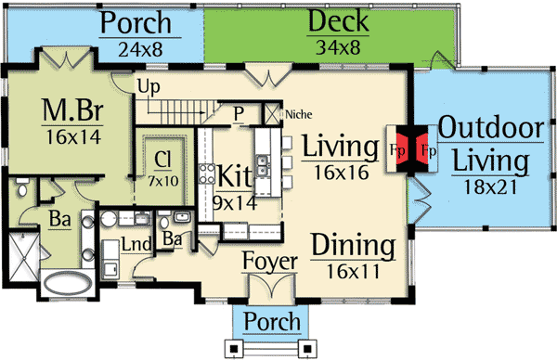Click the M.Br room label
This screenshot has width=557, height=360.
tap(71, 112)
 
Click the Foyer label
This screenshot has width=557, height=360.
tap(269, 262)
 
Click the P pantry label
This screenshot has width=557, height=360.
tap(239, 113)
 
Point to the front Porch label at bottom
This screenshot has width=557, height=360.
tap(270, 322)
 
